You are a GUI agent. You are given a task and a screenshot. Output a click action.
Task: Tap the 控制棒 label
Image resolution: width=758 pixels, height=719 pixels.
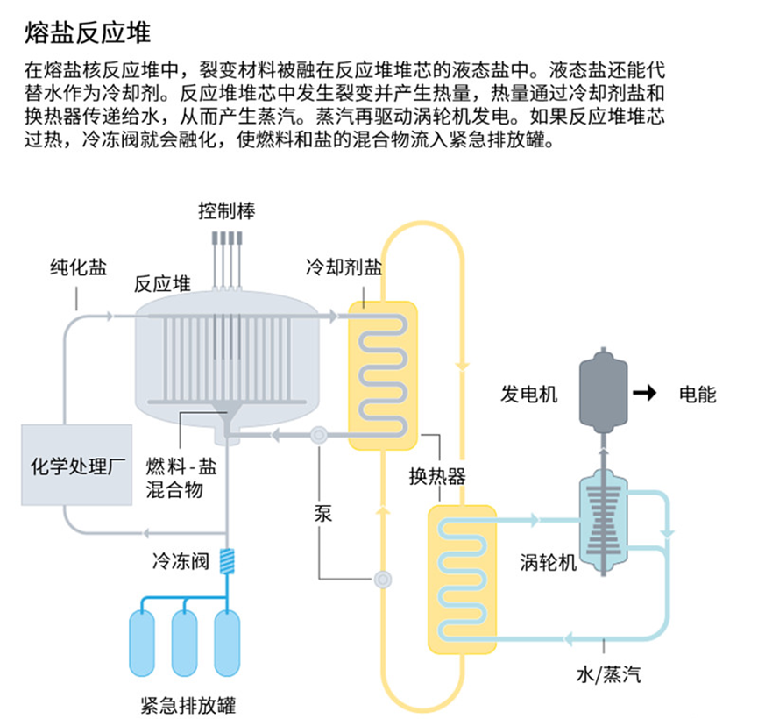click(x=226, y=211)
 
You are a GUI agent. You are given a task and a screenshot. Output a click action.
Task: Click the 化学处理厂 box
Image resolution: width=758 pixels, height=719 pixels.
click(x=77, y=464)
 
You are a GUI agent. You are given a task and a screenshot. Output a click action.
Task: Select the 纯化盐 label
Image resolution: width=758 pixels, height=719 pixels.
click(x=77, y=268)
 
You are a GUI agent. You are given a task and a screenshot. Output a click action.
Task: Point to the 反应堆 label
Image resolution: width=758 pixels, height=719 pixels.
click(x=162, y=284)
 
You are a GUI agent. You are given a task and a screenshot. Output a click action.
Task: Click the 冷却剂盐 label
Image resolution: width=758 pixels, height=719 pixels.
click(x=344, y=267)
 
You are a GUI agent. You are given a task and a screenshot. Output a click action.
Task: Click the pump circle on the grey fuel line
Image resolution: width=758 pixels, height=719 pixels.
click(x=317, y=434)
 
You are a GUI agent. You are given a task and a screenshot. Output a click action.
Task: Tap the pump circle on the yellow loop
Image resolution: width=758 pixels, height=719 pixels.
click(x=382, y=579)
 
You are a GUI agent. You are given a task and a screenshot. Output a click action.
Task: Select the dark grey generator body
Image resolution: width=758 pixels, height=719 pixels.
click(x=603, y=390)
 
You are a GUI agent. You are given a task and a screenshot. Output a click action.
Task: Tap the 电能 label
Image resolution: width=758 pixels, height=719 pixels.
click(x=698, y=395)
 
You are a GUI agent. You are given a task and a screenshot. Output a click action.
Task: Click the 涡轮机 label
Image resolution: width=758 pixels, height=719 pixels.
click(x=549, y=562)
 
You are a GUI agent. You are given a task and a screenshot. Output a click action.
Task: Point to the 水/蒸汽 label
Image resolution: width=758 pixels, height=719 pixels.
click(x=608, y=673)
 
